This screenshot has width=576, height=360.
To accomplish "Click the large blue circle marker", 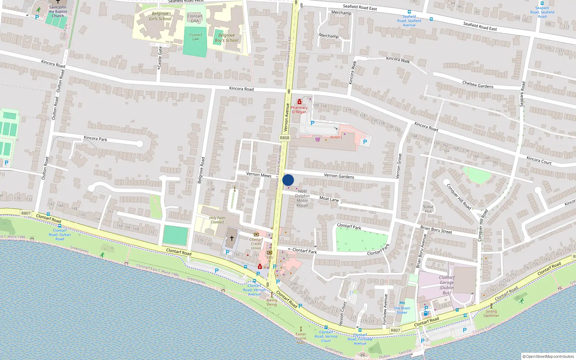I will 288,180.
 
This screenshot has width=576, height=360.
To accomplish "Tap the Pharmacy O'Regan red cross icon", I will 299,102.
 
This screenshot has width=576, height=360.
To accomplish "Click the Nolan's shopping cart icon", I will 318,139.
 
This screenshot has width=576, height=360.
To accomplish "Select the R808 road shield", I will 284,138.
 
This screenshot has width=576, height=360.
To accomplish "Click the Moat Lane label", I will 329,199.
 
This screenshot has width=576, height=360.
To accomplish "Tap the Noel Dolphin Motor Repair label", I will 302,198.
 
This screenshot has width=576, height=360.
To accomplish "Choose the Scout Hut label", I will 428,209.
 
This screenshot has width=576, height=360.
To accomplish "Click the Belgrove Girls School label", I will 160,16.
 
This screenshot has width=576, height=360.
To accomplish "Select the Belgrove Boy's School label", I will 226,38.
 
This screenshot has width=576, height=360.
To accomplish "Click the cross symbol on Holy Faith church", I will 232,238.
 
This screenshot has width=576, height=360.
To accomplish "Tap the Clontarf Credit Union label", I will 256,244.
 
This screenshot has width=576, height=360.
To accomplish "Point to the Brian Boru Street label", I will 436,230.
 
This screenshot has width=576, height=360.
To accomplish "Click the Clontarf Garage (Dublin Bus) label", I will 447,285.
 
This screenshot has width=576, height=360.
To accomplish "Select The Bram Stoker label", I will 402,310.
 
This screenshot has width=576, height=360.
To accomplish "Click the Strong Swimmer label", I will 491,314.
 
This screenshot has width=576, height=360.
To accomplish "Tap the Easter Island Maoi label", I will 301,338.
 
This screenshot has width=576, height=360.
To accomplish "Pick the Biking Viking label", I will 272,302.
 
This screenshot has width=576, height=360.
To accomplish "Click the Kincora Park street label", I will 95,138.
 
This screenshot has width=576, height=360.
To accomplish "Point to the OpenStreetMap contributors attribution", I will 548,356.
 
